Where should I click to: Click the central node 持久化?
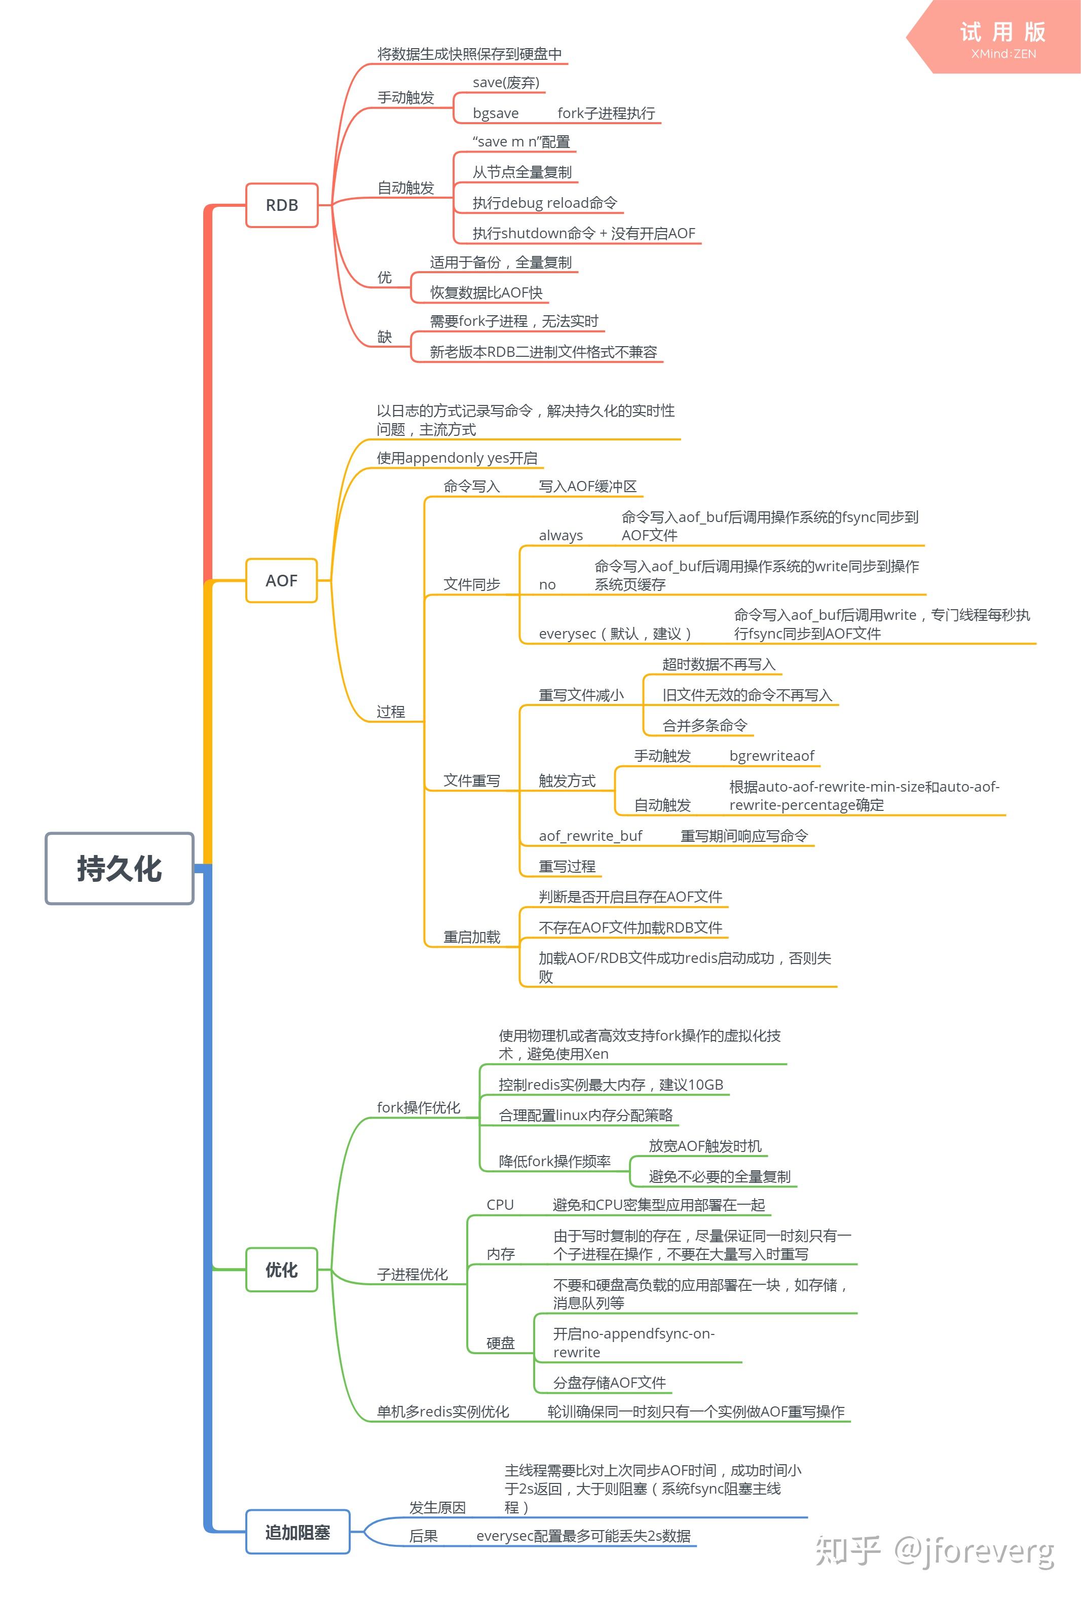click(119, 868)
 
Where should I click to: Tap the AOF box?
click(281, 581)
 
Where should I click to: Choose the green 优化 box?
click(281, 1270)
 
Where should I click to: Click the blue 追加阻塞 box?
click(298, 1532)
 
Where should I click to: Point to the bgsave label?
click(496, 113)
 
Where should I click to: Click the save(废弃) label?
click(506, 83)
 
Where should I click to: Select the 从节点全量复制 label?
click(521, 172)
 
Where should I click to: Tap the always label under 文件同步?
click(561, 535)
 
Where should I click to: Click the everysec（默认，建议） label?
click(615, 634)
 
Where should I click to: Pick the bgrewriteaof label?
click(771, 756)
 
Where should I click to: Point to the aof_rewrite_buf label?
click(590, 836)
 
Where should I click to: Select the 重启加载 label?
click(471, 937)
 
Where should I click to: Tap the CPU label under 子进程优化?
click(500, 1205)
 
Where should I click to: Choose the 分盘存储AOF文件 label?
click(609, 1383)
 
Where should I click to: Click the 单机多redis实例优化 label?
click(442, 1412)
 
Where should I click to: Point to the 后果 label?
click(423, 1536)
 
